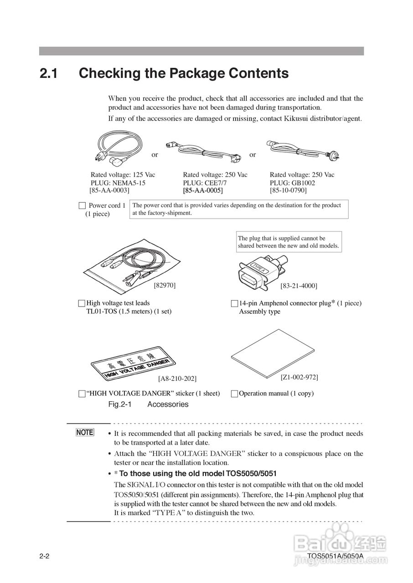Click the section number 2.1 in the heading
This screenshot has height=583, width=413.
point(48,73)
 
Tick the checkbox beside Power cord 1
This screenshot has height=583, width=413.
point(82,205)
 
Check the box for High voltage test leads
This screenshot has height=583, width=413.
point(82,303)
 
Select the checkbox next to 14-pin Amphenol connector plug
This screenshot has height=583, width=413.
point(234,303)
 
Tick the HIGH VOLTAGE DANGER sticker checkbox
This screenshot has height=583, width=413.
point(82,394)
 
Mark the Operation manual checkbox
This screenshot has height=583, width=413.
point(234,394)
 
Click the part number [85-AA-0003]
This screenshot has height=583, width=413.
point(109,190)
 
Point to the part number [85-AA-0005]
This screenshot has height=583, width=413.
point(203,190)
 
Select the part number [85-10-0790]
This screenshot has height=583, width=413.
point(288,190)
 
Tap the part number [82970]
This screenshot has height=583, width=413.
point(165,286)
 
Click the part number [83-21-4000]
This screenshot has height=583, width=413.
point(299,286)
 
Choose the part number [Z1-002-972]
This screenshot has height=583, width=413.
point(299,377)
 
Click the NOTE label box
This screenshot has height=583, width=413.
point(85,432)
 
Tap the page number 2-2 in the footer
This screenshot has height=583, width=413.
point(44,556)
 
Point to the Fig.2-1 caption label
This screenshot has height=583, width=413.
point(120,404)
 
